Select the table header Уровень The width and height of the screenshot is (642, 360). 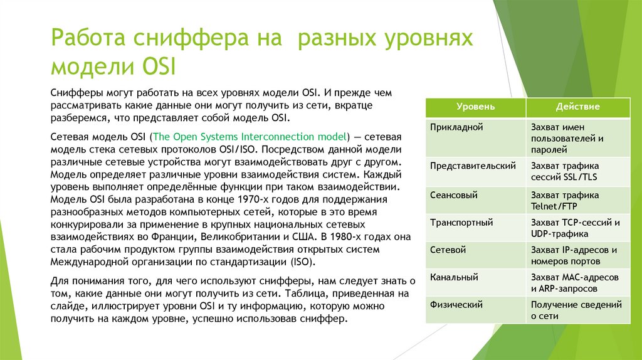475,107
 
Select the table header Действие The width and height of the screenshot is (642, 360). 577,107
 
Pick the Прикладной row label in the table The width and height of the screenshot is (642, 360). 456,127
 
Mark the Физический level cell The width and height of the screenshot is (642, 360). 456,305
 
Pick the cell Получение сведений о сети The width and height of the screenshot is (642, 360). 576,310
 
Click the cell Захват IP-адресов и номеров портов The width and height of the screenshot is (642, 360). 573,255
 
